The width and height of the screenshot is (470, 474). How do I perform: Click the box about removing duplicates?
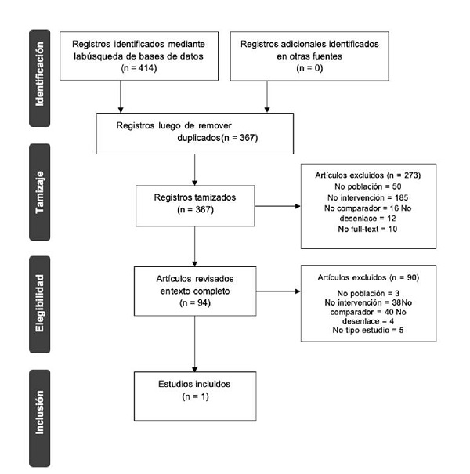point(193,132)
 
